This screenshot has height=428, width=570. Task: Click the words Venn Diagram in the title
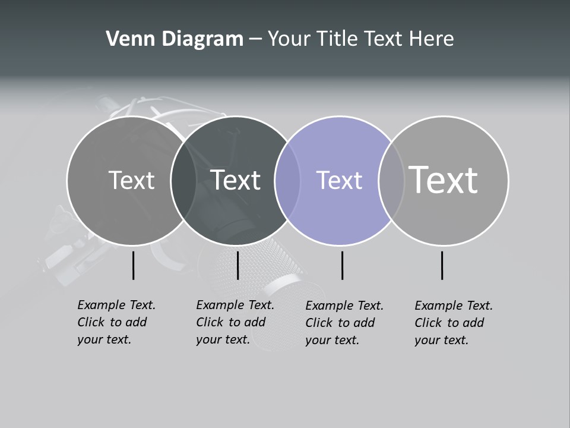click(x=175, y=39)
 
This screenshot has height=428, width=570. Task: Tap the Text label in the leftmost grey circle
click(x=131, y=180)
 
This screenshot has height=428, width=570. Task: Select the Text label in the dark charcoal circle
click(x=236, y=180)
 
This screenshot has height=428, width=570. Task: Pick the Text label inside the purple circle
click(x=339, y=180)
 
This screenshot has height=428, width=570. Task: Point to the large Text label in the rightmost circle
click(x=444, y=180)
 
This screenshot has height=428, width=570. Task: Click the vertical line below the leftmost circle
click(x=133, y=265)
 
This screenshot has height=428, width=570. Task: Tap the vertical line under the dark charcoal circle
click(x=237, y=265)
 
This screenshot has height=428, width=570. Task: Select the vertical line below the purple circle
click(x=342, y=265)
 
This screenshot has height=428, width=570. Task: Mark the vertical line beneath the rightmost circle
click(x=442, y=265)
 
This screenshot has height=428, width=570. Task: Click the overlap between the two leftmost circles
click(x=183, y=180)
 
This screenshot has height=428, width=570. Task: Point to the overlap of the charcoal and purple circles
click(x=287, y=180)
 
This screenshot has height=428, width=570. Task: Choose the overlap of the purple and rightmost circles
click(x=391, y=180)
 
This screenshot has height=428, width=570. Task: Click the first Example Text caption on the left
click(x=116, y=322)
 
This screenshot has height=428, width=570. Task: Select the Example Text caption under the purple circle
click(x=344, y=323)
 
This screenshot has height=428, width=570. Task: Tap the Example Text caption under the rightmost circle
click(x=454, y=323)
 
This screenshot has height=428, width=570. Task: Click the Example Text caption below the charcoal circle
click(x=235, y=322)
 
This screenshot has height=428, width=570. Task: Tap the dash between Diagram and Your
click(x=255, y=40)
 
